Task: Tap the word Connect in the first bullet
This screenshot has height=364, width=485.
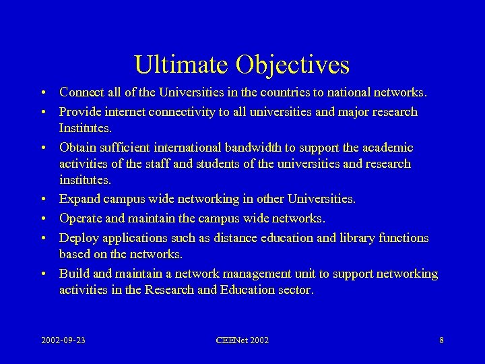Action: click(x=82, y=92)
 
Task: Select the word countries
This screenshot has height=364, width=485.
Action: click(x=297, y=92)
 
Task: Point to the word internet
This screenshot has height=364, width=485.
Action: click(x=121, y=112)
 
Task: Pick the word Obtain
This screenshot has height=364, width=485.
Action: click(x=78, y=148)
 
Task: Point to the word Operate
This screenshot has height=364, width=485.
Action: click(x=82, y=218)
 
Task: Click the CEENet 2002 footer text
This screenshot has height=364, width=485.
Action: click(x=242, y=340)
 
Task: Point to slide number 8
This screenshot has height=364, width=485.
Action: click(x=441, y=340)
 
